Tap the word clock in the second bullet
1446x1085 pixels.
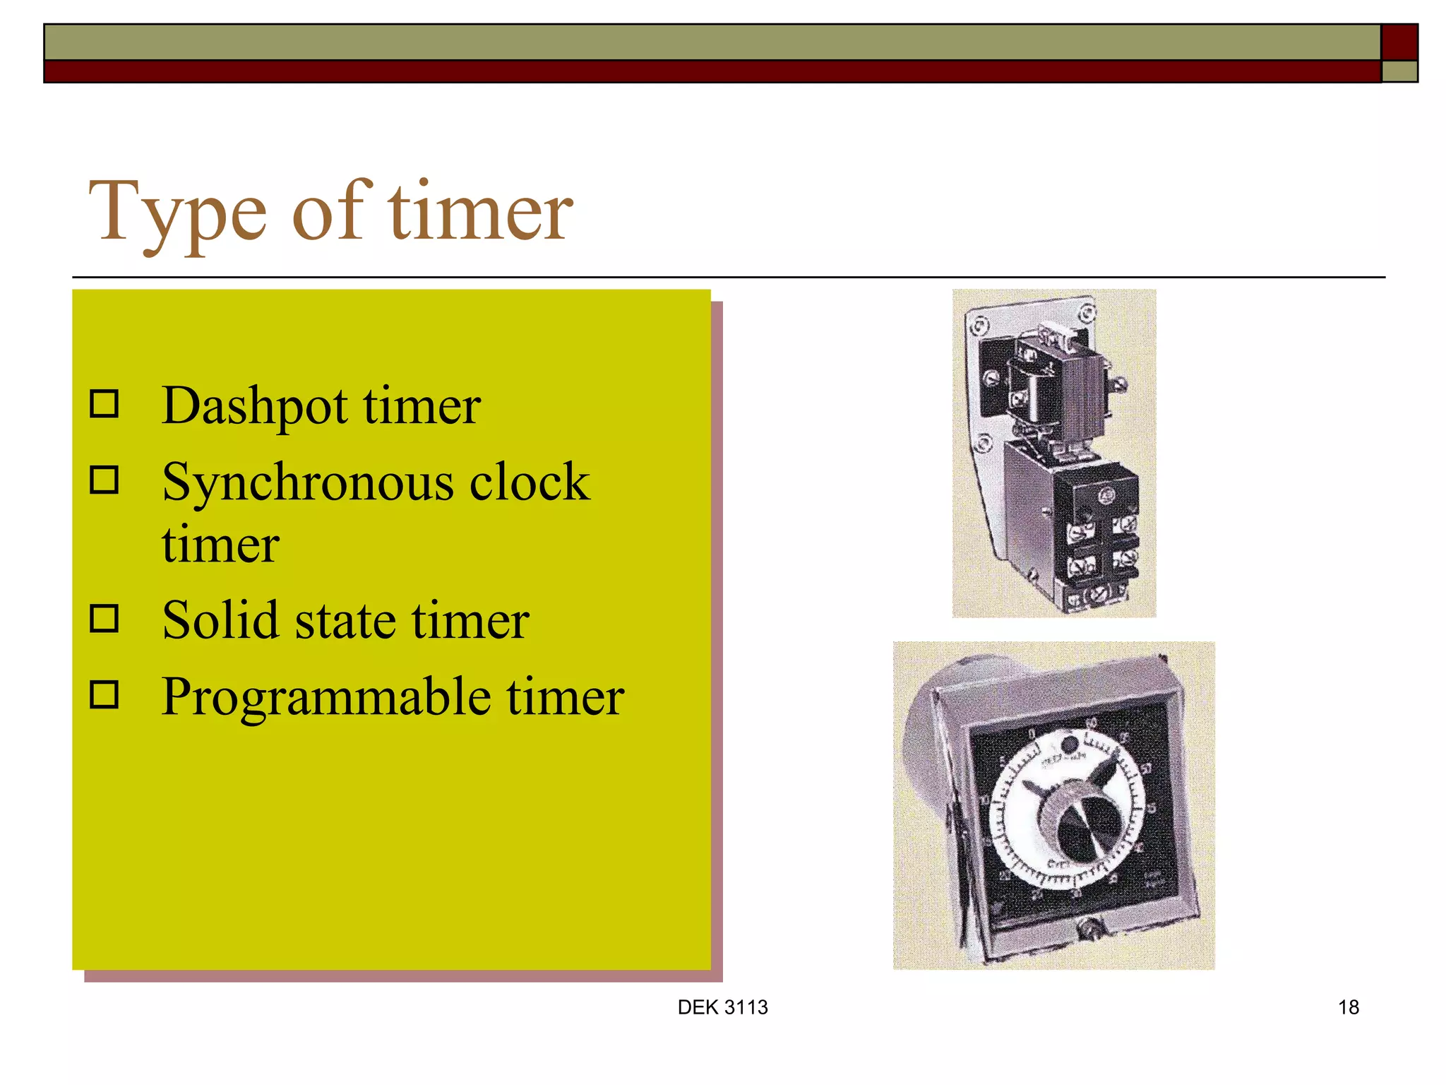529,482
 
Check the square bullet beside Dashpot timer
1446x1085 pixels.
104,404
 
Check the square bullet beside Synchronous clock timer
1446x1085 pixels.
104,480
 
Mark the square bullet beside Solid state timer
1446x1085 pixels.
104,618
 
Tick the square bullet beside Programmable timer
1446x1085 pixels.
104,694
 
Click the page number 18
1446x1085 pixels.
1348,1007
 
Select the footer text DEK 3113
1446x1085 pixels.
722,1007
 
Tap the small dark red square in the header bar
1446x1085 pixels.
1399,42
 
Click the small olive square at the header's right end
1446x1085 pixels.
1399,71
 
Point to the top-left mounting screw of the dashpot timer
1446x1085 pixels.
979,326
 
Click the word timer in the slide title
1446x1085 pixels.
480,212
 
